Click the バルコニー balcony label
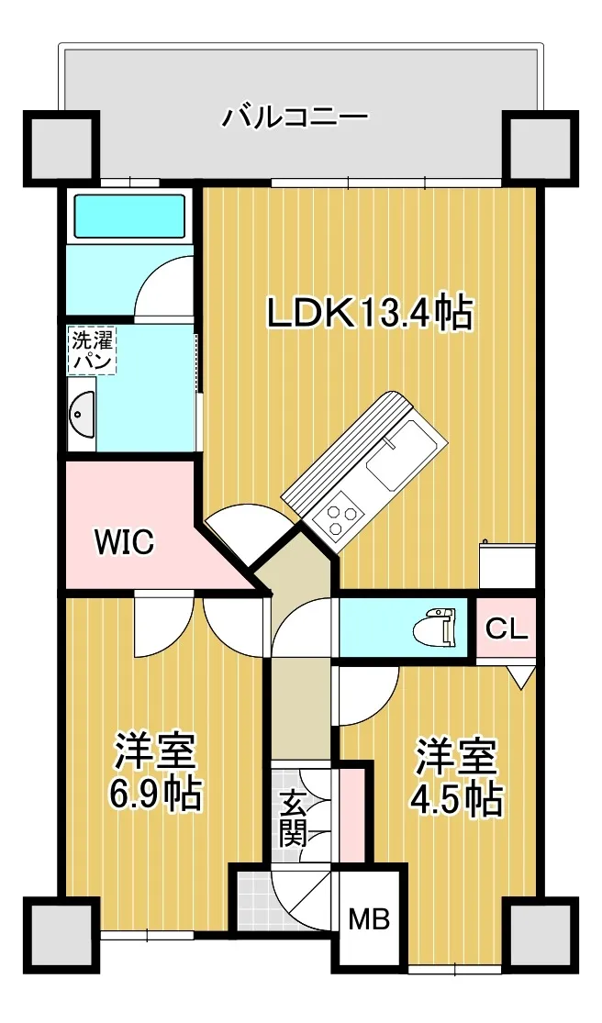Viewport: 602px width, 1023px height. (x=296, y=117)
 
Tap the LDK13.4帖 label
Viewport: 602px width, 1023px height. (x=369, y=314)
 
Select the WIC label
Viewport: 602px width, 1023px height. (x=124, y=541)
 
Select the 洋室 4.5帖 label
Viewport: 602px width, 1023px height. (x=456, y=777)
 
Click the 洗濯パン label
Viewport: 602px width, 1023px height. (x=92, y=352)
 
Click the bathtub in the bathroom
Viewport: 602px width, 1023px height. (x=129, y=216)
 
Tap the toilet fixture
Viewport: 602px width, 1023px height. (x=436, y=628)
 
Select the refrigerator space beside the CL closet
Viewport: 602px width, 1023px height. (x=507, y=567)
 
